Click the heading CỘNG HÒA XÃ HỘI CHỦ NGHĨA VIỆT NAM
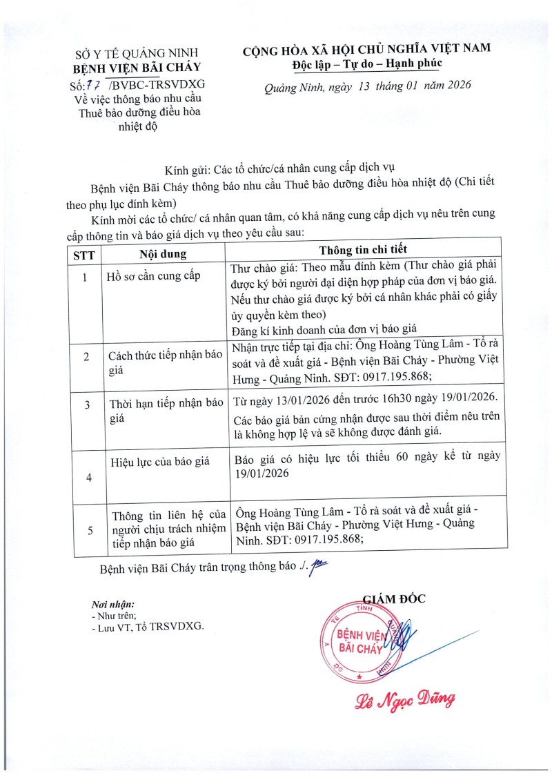click(x=366, y=49)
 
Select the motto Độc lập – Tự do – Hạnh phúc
click(x=366, y=64)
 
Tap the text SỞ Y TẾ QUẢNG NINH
click(x=136, y=53)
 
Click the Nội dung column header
click(x=162, y=253)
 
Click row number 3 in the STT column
click(x=86, y=405)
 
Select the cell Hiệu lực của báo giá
click(x=163, y=461)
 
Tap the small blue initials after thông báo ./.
click(x=319, y=567)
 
